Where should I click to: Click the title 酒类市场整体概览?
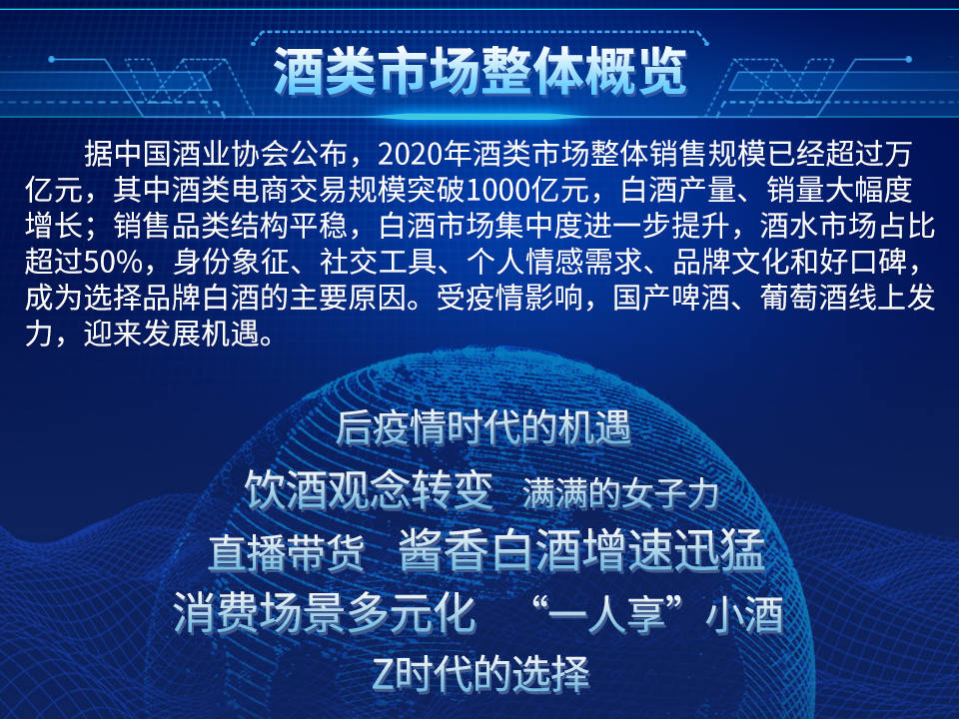480,72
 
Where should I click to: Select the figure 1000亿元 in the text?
526,190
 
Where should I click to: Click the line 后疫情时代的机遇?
482,427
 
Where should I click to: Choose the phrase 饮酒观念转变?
369,490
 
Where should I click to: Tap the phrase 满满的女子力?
620,494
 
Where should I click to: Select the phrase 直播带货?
287,552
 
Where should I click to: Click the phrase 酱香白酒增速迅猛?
581,550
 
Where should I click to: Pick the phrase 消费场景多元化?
324,612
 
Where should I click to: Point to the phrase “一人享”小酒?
657,614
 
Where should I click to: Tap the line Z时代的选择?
480,673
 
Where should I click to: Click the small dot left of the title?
51,59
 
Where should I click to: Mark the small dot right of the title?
909,59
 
